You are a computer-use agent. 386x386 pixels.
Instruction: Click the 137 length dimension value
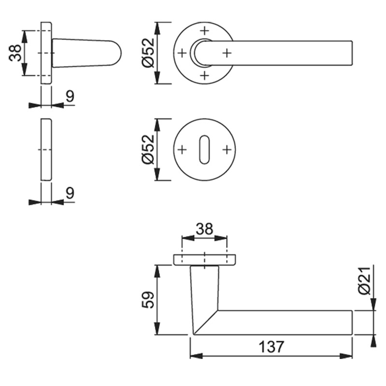tap(271, 346)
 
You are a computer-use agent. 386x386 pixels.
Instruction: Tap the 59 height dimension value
tap(149, 300)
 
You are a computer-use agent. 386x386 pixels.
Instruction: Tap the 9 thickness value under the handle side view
tap(70, 96)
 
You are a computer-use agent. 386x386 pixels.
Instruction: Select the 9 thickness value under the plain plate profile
tap(70, 193)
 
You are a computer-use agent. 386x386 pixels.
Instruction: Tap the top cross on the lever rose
tap(205, 30)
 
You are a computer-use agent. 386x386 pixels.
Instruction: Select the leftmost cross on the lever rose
tap(182, 53)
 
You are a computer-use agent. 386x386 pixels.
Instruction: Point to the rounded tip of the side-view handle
tap(119, 52)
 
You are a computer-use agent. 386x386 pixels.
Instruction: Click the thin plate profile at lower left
tap(46, 149)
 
